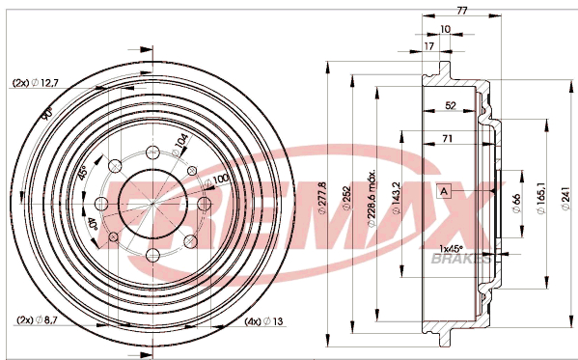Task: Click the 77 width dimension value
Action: pyautogui.click(x=462, y=11)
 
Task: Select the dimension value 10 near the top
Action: pyautogui.click(x=445, y=29)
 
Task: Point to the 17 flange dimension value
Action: pyautogui.click(x=428, y=46)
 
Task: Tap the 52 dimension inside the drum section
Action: pyautogui.click(x=451, y=105)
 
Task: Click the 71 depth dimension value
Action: pyautogui.click(x=447, y=138)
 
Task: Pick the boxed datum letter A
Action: pyautogui.click(x=444, y=191)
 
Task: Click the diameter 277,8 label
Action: pyautogui.click(x=322, y=198)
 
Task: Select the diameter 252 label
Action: pyautogui.click(x=346, y=199)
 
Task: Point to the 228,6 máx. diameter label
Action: pyautogui.click(x=372, y=198)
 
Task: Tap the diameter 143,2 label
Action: pyautogui.click(x=397, y=198)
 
